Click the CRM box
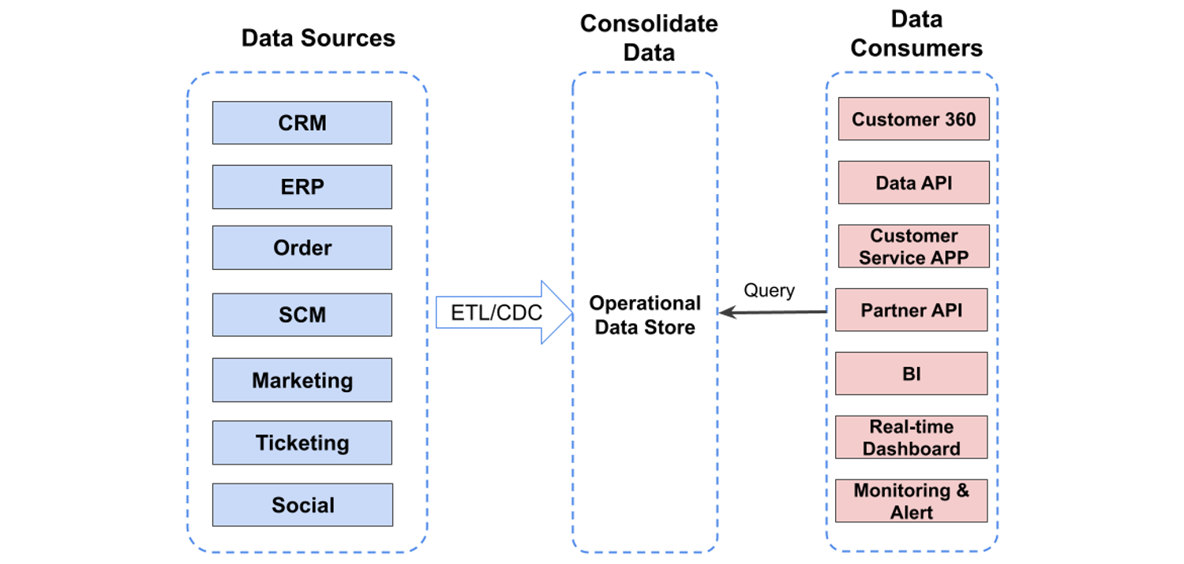pyautogui.click(x=302, y=123)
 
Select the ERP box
pyautogui.click(x=302, y=187)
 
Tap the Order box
pyautogui.click(x=302, y=248)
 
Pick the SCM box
pyautogui.click(x=302, y=315)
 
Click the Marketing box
pyautogui.click(x=302, y=380)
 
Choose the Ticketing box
pyautogui.click(x=302, y=443)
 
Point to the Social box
pyautogui.click(x=302, y=505)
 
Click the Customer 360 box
pyautogui.click(x=913, y=120)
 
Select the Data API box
pyautogui.click(x=913, y=183)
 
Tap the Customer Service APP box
pyautogui.click(x=913, y=247)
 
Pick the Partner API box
pyautogui.click(x=911, y=310)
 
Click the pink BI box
pyautogui.click(x=911, y=374)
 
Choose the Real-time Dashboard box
pyautogui.click(x=911, y=437)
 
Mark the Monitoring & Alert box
pyautogui.click(x=911, y=501)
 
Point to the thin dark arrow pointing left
pyautogui.click(x=773, y=312)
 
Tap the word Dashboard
pyautogui.click(x=911, y=448)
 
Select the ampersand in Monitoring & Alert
pyautogui.click(x=961, y=491)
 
